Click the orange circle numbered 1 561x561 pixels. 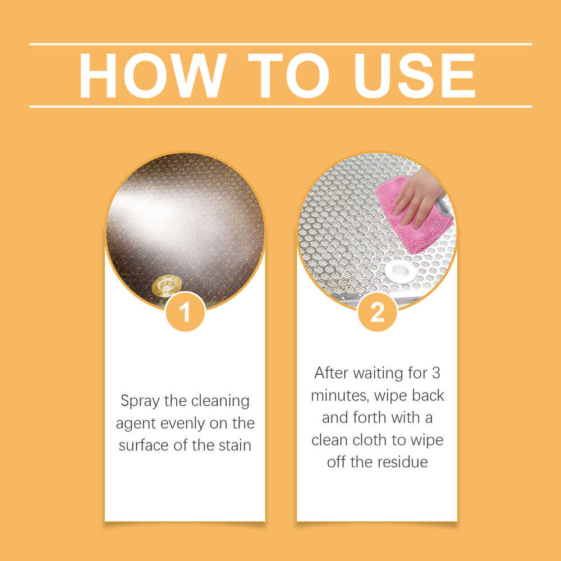pyautogui.click(x=185, y=312)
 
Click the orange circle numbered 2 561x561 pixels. pyautogui.click(x=377, y=312)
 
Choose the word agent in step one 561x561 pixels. pyautogui.click(x=135, y=424)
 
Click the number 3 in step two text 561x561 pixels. pyautogui.click(x=436, y=373)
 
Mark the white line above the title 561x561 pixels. pyautogui.click(x=280, y=44)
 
